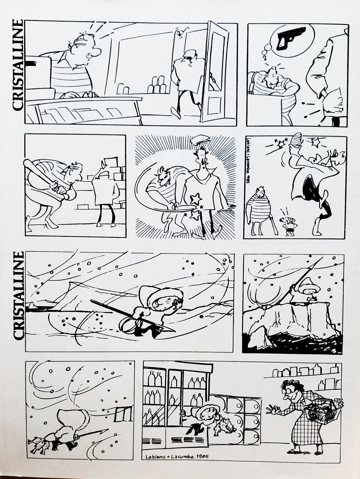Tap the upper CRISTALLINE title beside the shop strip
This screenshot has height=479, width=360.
pyautogui.click(x=17, y=64)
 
